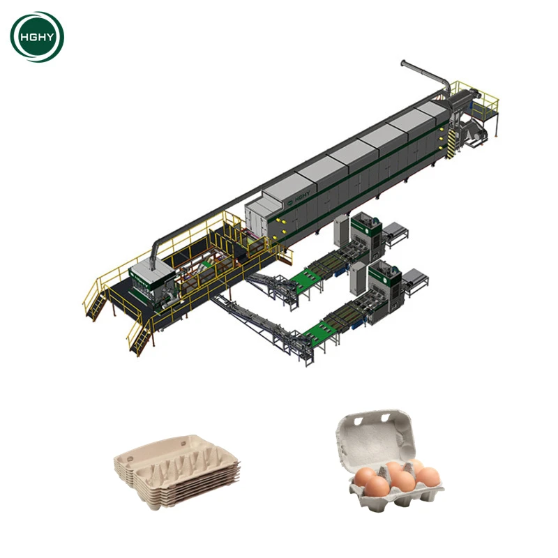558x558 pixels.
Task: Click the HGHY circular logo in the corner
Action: (37, 37)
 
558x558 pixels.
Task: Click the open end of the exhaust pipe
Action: (403, 63)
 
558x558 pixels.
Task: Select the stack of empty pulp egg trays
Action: (177, 471)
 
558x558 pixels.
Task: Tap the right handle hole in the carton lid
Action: (386, 417)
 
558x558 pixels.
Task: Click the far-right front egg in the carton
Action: (428, 477)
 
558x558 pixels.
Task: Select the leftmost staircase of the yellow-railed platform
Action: (96, 303)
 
